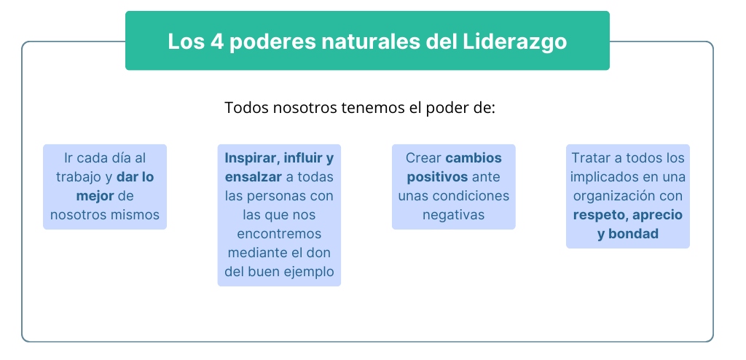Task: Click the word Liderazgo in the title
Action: [514, 41]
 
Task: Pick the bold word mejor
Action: [95, 195]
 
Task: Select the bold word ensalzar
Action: [253, 176]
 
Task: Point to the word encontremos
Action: [279, 233]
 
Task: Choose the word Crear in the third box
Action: [423, 157]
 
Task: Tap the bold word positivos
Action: [437, 176]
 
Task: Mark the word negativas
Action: [453, 214]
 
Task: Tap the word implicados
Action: [603, 176]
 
